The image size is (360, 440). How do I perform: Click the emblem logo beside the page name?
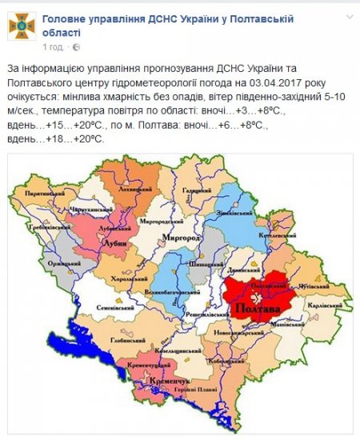point(22,26)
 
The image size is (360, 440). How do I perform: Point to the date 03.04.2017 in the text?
point(268,82)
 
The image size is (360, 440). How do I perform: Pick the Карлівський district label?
point(327,306)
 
